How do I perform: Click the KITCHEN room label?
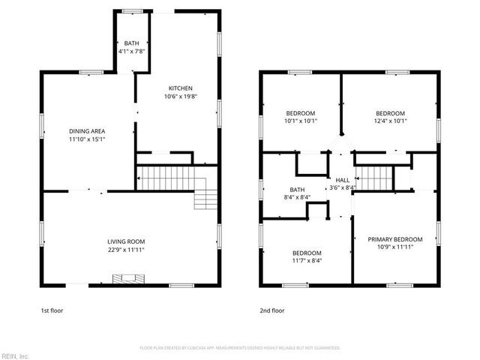tap(181, 88)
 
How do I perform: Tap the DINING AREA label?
tap(87, 130)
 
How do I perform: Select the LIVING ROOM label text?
tap(125, 241)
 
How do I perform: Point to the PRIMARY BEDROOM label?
tap(394, 239)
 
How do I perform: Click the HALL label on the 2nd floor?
tap(342, 180)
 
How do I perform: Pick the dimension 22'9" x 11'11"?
tap(125, 250)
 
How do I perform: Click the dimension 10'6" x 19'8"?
tap(181, 96)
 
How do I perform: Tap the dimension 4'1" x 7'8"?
tap(131, 51)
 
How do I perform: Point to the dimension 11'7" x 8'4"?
tap(307, 261)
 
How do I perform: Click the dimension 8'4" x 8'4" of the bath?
tap(297, 197)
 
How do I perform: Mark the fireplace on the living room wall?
tap(125, 279)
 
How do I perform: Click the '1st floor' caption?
tap(52, 309)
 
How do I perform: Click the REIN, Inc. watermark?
tap(15, 355)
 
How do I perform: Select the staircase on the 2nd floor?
tap(377, 178)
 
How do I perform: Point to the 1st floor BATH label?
tap(131, 43)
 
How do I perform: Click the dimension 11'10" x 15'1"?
tap(87, 139)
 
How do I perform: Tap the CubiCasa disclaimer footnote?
tap(240, 348)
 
